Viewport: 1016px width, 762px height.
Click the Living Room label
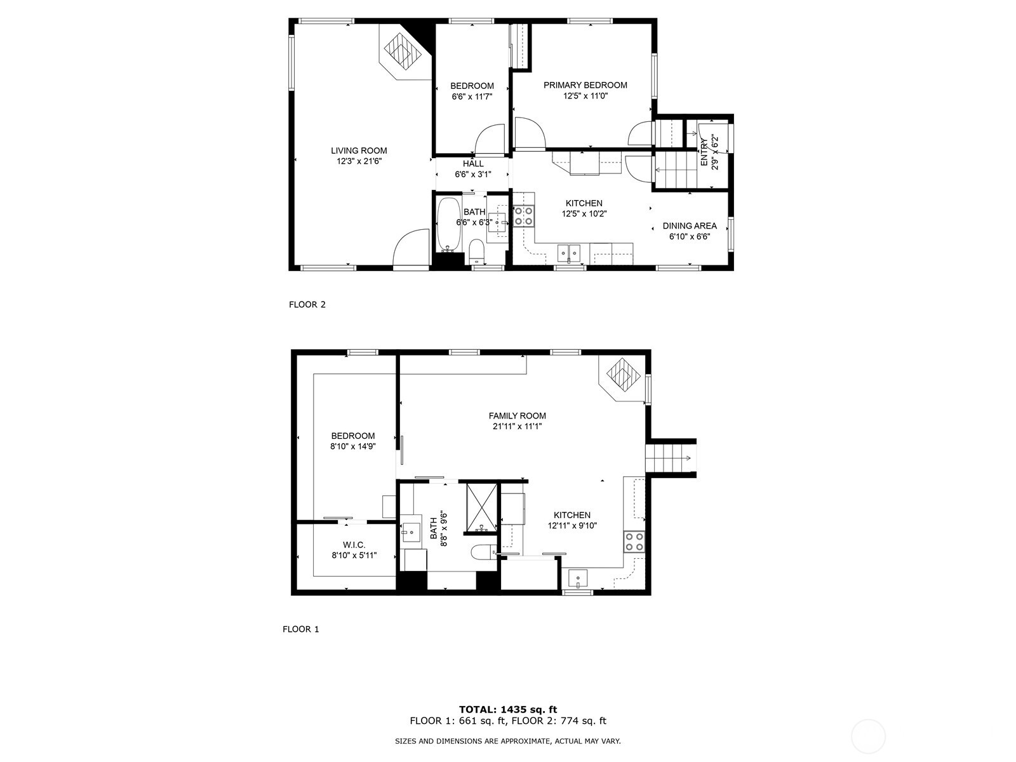[359, 150]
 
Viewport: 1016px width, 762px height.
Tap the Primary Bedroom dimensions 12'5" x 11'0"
[585, 96]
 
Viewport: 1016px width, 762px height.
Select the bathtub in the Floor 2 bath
[449, 225]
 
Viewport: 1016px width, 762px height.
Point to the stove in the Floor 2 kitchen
[524, 216]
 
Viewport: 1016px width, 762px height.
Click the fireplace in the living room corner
[404, 51]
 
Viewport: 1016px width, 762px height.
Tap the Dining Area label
[690, 225]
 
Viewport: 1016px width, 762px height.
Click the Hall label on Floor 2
[473, 164]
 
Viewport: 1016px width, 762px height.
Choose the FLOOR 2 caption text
[307, 304]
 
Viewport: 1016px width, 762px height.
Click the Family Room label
[518, 416]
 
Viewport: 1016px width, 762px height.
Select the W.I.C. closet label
[354, 545]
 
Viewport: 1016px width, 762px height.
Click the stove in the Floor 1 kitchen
[634, 541]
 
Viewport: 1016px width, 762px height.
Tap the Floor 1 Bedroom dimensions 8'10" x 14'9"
[353, 446]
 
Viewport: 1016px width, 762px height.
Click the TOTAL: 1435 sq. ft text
[508, 709]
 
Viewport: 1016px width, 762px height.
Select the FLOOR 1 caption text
[301, 629]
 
